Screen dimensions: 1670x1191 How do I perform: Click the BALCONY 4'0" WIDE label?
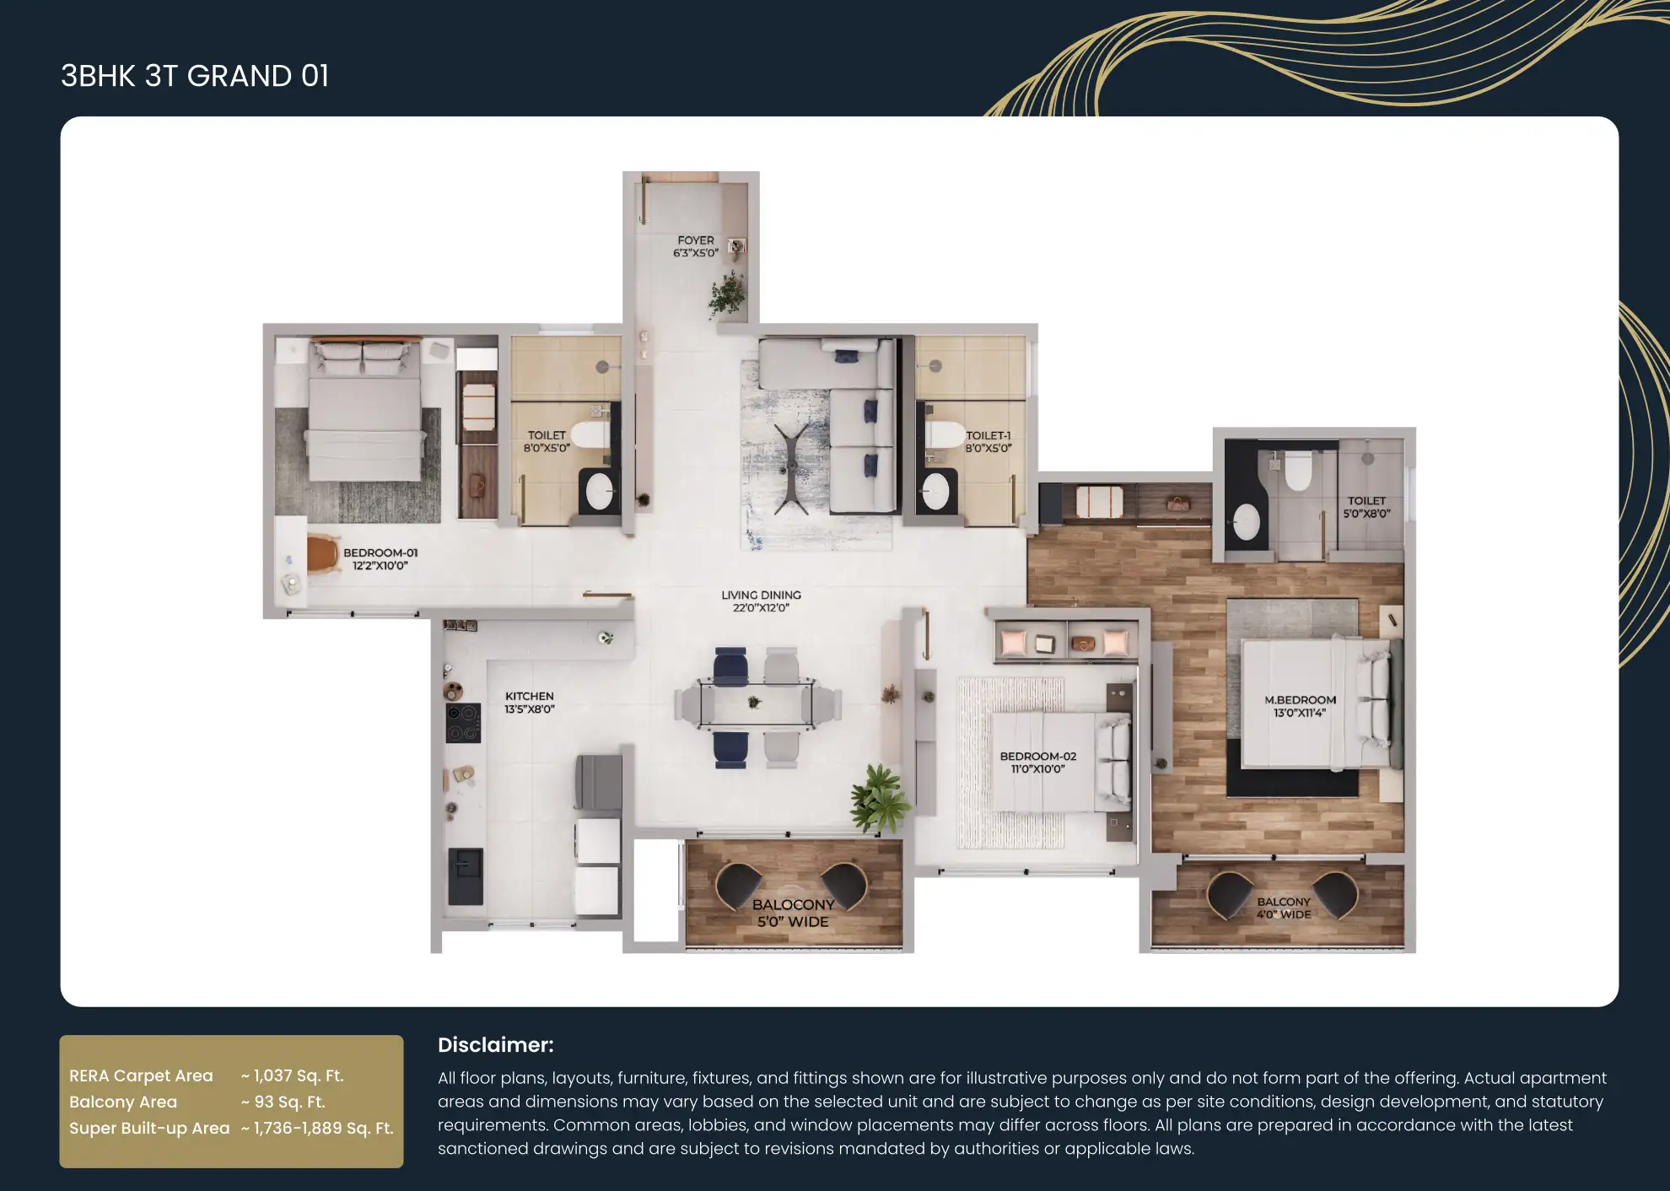pyautogui.click(x=1284, y=908)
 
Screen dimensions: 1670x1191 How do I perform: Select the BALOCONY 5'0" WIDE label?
pyautogui.click(x=793, y=913)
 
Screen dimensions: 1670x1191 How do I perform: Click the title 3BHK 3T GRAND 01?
pyautogui.click(x=195, y=76)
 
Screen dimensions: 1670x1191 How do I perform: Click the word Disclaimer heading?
pyautogui.click(x=496, y=1045)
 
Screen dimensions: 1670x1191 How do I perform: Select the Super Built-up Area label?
pyautogui.click(x=149, y=1128)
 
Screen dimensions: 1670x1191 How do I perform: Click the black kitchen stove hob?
pyautogui.click(x=463, y=723)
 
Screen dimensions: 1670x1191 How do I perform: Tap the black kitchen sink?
pyautogui.click(x=465, y=876)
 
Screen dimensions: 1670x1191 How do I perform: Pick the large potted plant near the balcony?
pyautogui.click(x=879, y=798)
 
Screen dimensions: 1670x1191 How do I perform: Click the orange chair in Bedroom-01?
pyautogui.click(x=322, y=552)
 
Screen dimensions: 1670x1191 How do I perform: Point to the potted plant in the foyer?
pyautogui.click(x=728, y=294)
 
